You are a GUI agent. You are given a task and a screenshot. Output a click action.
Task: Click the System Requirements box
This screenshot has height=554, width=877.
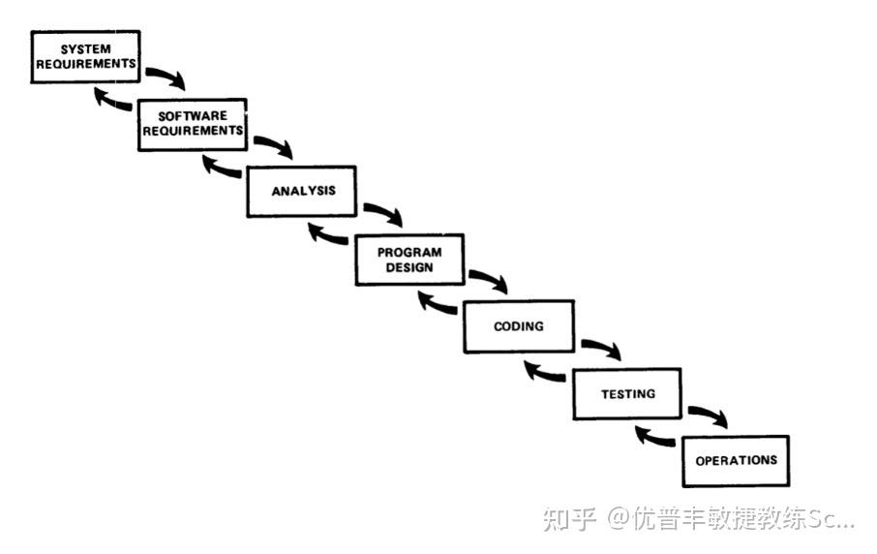pos(85,56)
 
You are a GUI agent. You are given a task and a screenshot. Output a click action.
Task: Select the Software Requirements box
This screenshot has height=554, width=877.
pos(192,123)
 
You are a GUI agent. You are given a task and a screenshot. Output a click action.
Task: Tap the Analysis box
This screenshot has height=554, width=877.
pos(301,191)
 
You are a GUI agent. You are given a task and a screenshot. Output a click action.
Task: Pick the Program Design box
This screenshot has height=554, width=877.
pos(409,259)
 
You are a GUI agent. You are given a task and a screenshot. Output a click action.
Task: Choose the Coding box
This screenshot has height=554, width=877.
pos(518,326)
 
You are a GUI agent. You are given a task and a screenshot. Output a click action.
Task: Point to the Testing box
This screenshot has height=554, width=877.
pos(627,394)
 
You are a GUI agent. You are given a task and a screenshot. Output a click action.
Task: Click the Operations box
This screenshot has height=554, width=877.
pos(736,460)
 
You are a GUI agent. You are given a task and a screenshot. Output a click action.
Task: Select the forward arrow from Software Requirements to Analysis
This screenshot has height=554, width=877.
pos(274,146)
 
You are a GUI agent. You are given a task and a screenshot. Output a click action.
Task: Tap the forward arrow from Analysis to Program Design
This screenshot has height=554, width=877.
pos(383,213)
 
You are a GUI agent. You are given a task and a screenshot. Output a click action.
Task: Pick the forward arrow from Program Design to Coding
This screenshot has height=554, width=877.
pos(490,281)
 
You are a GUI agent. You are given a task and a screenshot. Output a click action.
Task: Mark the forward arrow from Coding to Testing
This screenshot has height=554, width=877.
pos(601,349)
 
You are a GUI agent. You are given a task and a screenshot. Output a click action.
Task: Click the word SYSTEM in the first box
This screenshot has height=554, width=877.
pos(85,49)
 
